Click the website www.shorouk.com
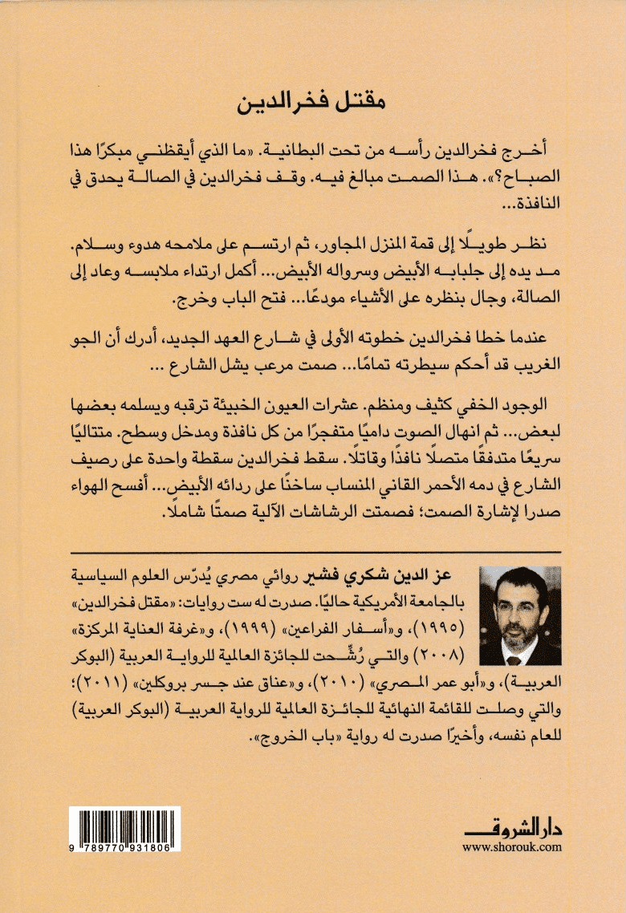(511, 846)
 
